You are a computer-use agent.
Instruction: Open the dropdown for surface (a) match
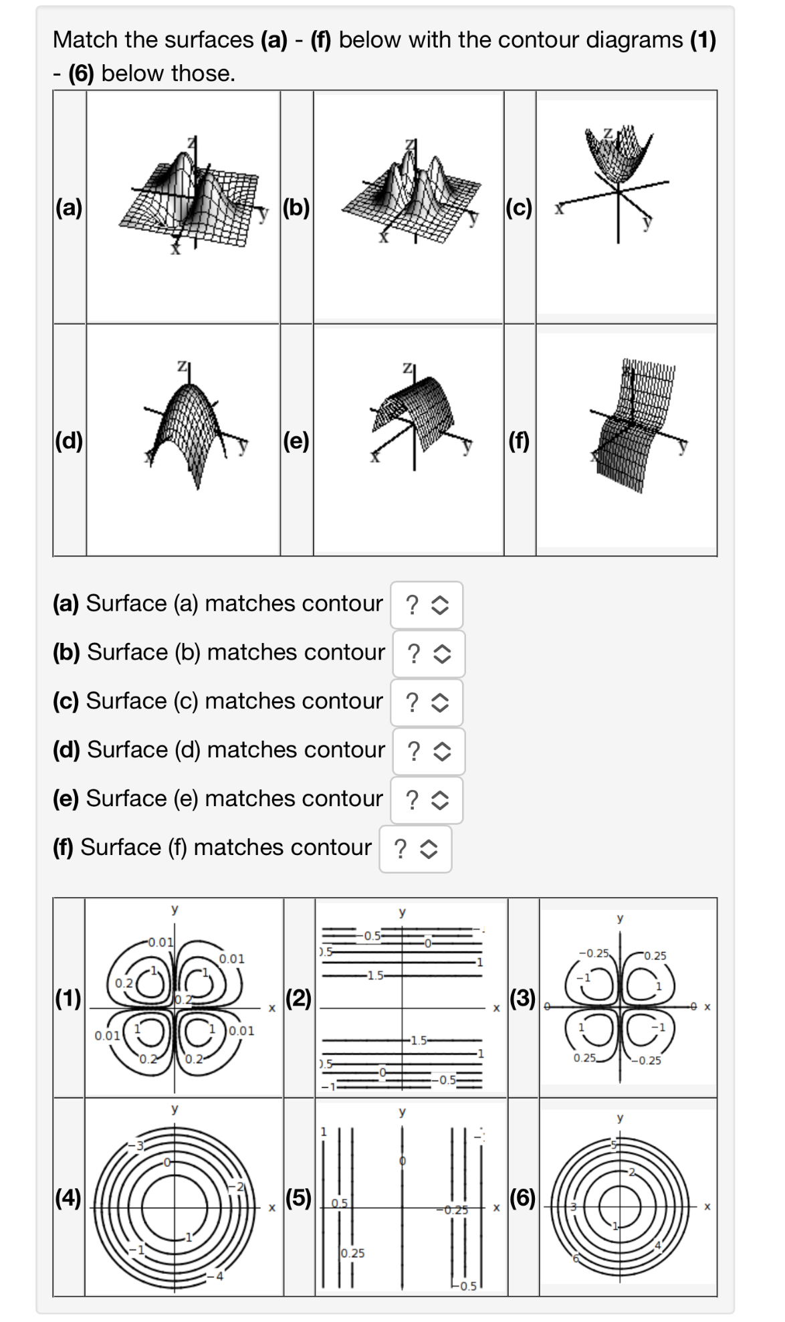(x=427, y=605)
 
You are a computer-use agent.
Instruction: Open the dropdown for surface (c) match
(x=427, y=702)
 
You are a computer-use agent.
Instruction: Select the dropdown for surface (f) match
(x=415, y=849)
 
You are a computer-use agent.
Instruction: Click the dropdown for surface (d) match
(x=428, y=751)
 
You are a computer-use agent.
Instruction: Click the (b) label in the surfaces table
(x=296, y=208)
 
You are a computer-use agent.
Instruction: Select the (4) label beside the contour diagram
(x=68, y=1197)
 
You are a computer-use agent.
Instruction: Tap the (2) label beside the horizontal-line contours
(x=299, y=998)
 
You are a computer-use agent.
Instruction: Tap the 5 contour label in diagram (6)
(x=613, y=1145)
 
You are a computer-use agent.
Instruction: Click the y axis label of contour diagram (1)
(x=175, y=909)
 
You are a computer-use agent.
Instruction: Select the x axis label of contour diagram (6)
(x=707, y=1206)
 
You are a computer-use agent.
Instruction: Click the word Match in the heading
(x=85, y=39)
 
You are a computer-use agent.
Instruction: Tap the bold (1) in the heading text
(x=703, y=39)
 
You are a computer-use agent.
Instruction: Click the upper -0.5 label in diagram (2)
(x=372, y=936)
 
